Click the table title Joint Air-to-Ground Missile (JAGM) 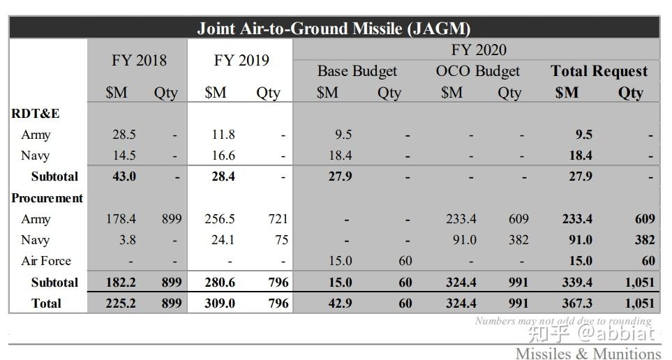pyautogui.click(x=334, y=28)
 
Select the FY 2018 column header pyautogui.click(x=139, y=61)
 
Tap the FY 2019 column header pyautogui.click(x=241, y=61)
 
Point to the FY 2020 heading pyautogui.click(x=478, y=50)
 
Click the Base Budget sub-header pyautogui.click(x=357, y=71)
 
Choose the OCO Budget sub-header pyautogui.click(x=477, y=71)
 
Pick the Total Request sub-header pyautogui.click(x=599, y=71)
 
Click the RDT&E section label pyautogui.click(x=35, y=114)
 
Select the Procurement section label pyautogui.click(x=47, y=198)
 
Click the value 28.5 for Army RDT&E pyautogui.click(x=124, y=135)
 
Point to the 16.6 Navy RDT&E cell pyautogui.click(x=223, y=156)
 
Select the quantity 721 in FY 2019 pyautogui.click(x=277, y=219)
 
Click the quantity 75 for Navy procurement pyautogui.click(x=281, y=240)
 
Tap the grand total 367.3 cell pyautogui.click(x=577, y=303)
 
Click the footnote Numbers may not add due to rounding pyautogui.click(x=562, y=322)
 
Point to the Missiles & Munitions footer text pyautogui.click(x=588, y=353)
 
